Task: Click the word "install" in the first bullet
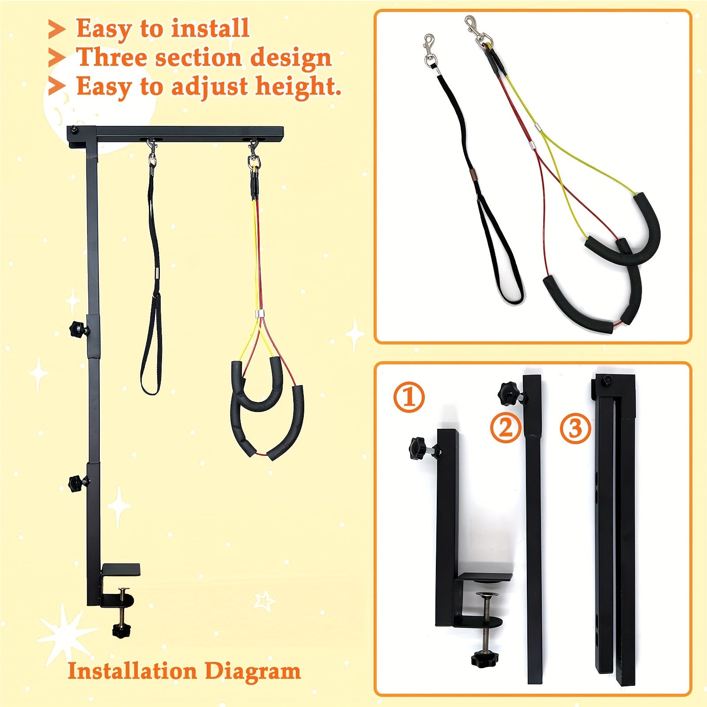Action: [210, 28]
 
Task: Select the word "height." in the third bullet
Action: [299, 86]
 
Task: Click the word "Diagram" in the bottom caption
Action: [253, 672]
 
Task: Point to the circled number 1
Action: [408, 397]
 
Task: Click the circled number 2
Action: [505, 428]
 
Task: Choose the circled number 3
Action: [575, 428]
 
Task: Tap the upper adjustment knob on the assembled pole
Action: [78, 329]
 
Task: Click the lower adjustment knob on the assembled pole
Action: [78, 483]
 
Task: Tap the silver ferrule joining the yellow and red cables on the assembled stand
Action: [260, 314]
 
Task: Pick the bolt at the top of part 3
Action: [607, 380]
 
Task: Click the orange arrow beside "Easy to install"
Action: [57, 29]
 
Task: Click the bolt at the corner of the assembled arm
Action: [73, 130]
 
